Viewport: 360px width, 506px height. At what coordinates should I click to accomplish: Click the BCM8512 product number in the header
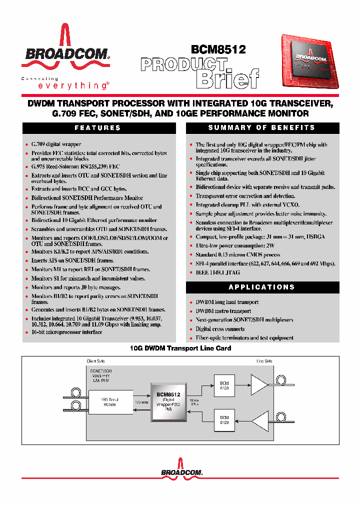tap(218, 49)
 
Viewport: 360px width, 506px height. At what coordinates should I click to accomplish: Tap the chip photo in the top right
tap(309, 62)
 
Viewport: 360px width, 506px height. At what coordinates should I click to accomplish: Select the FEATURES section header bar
tap(97, 128)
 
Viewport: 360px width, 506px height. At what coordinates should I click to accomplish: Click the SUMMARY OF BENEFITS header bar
tap(261, 128)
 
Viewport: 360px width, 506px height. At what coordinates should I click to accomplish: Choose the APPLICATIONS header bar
tap(261, 287)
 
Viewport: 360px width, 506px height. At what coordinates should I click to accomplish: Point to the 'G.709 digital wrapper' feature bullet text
tap(56, 144)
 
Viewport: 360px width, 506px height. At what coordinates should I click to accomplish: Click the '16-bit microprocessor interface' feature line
tap(66, 332)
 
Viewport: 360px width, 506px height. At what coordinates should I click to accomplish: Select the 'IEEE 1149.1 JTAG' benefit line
tap(217, 272)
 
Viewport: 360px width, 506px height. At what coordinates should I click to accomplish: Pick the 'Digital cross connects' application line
tap(220, 329)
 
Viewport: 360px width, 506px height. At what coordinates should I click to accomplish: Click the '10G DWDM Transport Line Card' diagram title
tap(180, 348)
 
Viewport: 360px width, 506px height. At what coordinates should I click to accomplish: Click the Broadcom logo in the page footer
tap(180, 471)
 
